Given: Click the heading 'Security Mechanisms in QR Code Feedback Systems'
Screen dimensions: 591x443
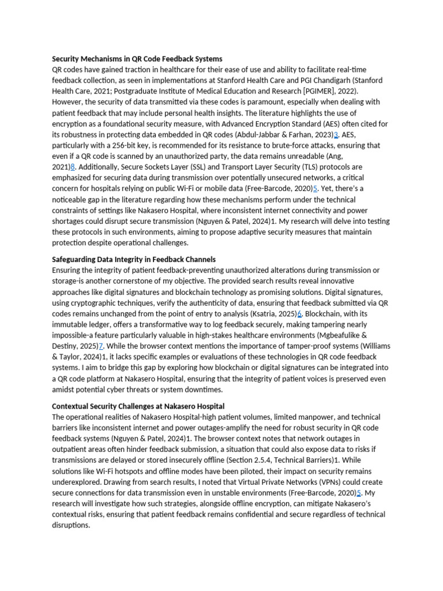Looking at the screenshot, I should pos(137,59).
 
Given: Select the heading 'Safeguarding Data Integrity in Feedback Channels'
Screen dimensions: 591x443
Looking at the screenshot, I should pos(134,259).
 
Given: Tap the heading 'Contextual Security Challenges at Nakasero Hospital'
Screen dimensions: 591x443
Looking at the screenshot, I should pos(138,406).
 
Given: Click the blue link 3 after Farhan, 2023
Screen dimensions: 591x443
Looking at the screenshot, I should pos(336,134).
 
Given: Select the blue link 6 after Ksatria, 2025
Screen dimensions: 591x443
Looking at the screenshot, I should pos(299,313).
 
